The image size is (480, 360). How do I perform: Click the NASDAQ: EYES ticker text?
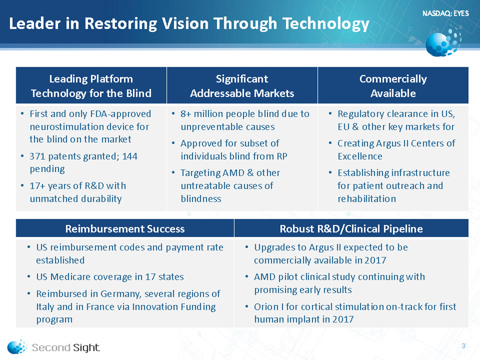445,13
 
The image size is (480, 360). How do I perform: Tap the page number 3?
464,345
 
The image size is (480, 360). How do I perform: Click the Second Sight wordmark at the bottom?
66,348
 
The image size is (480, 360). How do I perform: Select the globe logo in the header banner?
443,43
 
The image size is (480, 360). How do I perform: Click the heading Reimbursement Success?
125,229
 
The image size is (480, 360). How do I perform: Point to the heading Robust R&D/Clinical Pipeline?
351,229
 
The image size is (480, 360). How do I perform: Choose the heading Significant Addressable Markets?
242,85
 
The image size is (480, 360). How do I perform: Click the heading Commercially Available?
393,85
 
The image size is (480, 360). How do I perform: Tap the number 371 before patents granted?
37,156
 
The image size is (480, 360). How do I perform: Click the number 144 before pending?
130,156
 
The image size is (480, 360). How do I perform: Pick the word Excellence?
360,156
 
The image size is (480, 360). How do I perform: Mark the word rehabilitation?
367,198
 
